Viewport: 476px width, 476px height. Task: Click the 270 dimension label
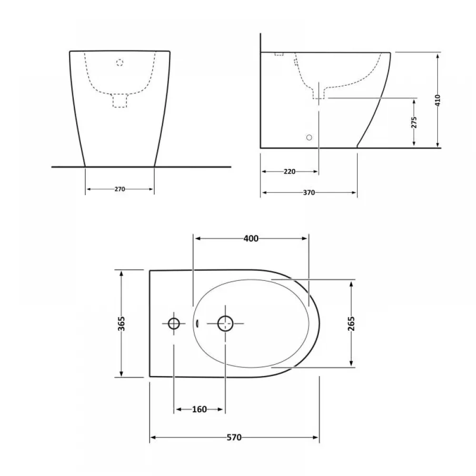pyautogui.click(x=119, y=189)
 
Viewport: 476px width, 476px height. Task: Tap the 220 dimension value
pyautogui.click(x=289, y=171)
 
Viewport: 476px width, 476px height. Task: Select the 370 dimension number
pyautogui.click(x=309, y=192)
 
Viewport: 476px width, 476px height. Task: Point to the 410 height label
pyautogui.click(x=437, y=100)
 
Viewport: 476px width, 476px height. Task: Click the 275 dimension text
pyautogui.click(x=414, y=122)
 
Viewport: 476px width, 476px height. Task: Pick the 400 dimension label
pyautogui.click(x=251, y=238)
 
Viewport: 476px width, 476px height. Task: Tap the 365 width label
pyautogui.click(x=121, y=324)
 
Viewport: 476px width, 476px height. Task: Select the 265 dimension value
pyautogui.click(x=351, y=324)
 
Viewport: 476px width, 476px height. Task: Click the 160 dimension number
pyautogui.click(x=199, y=409)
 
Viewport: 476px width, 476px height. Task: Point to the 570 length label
pyautogui.click(x=234, y=437)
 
